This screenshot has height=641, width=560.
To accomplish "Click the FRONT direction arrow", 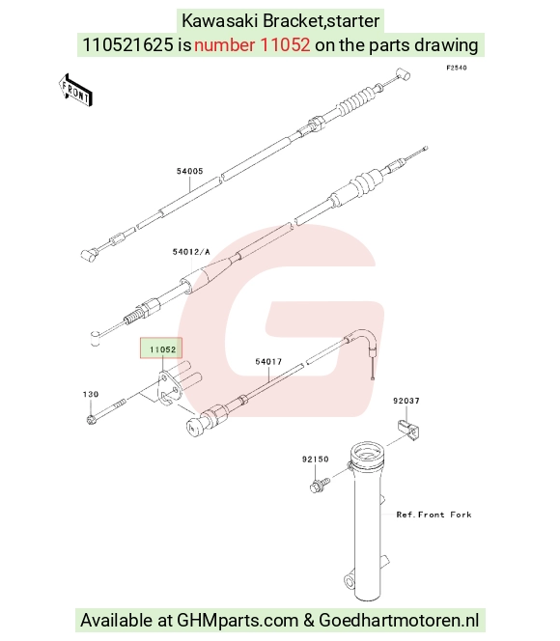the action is pyautogui.click(x=75, y=91).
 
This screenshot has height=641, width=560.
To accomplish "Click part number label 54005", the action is pyautogui.click(x=189, y=171).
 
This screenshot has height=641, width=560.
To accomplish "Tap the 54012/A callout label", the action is pyautogui.click(x=191, y=252).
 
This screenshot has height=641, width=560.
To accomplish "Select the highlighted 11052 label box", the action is pyautogui.click(x=161, y=348).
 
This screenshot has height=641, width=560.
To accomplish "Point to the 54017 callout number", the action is pyautogui.click(x=268, y=361).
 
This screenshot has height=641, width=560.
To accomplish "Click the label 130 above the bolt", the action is pyautogui.click(x=91, y=394).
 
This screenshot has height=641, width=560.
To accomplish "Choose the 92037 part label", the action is pyautogui.click(x=406, y=401).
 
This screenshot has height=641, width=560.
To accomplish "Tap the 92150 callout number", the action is pyautogui.click(x=315, y=460).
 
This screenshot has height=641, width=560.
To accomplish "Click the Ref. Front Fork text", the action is pyautogui.click(x=434, y=515).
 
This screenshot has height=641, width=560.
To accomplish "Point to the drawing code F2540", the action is pyautogui.click(x=456, y=68).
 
